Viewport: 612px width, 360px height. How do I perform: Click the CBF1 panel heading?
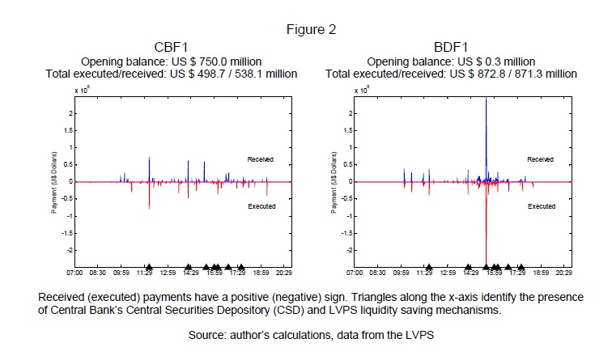(x=171, y=47)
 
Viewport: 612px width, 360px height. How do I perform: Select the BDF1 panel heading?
(x=450, y=47)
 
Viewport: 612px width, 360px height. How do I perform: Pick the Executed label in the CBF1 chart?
(x=261, y=206)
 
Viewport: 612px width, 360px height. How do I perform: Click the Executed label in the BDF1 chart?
(x=541, y=206)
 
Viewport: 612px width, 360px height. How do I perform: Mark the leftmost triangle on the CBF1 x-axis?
(x=150, y=266)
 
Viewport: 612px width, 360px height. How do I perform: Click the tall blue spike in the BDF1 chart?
(x=486, y=129)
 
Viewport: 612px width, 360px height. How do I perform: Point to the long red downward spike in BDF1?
(x=486, y=235)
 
